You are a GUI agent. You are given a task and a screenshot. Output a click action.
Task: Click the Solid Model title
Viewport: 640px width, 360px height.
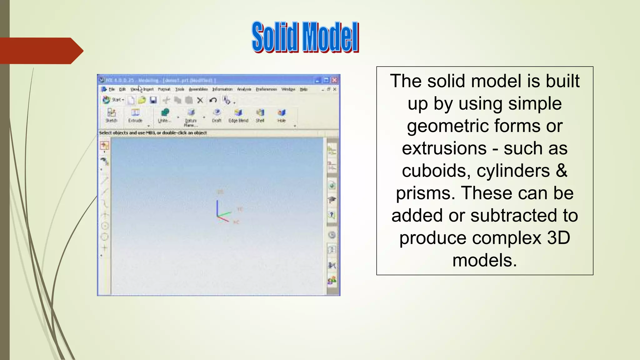click(305, 37)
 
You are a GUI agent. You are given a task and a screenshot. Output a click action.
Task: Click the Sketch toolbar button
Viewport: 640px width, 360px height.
click(111, 115)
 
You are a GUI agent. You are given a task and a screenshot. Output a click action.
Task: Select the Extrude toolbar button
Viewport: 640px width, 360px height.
click(135, 115)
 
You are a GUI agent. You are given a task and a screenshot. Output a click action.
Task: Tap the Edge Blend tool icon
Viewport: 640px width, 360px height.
click(238, 113)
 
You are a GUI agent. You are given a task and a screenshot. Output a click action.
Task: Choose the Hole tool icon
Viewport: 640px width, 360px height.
click(282, 113)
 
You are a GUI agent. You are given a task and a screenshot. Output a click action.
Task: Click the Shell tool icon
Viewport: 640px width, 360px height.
click(260, 113)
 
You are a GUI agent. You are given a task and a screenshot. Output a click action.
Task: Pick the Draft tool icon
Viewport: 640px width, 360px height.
click(217, 113)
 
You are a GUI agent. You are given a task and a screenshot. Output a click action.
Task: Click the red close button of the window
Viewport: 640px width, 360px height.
click(334, 80)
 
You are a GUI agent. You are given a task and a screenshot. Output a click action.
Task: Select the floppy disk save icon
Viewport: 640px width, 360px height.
click(153, 100)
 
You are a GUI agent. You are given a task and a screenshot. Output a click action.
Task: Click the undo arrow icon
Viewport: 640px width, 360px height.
click(213, 100)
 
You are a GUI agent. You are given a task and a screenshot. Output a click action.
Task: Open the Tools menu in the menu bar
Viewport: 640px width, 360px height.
click(179, 89)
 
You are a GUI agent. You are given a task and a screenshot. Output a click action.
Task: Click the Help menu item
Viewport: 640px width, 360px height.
click(303, 89)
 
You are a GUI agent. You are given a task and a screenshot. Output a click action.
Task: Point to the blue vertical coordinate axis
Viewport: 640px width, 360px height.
click(217, 207)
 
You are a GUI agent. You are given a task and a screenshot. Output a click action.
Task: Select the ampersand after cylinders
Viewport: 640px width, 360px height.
click(561, 171)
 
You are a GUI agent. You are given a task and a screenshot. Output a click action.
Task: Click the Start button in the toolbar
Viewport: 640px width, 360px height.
click(113, 100)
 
